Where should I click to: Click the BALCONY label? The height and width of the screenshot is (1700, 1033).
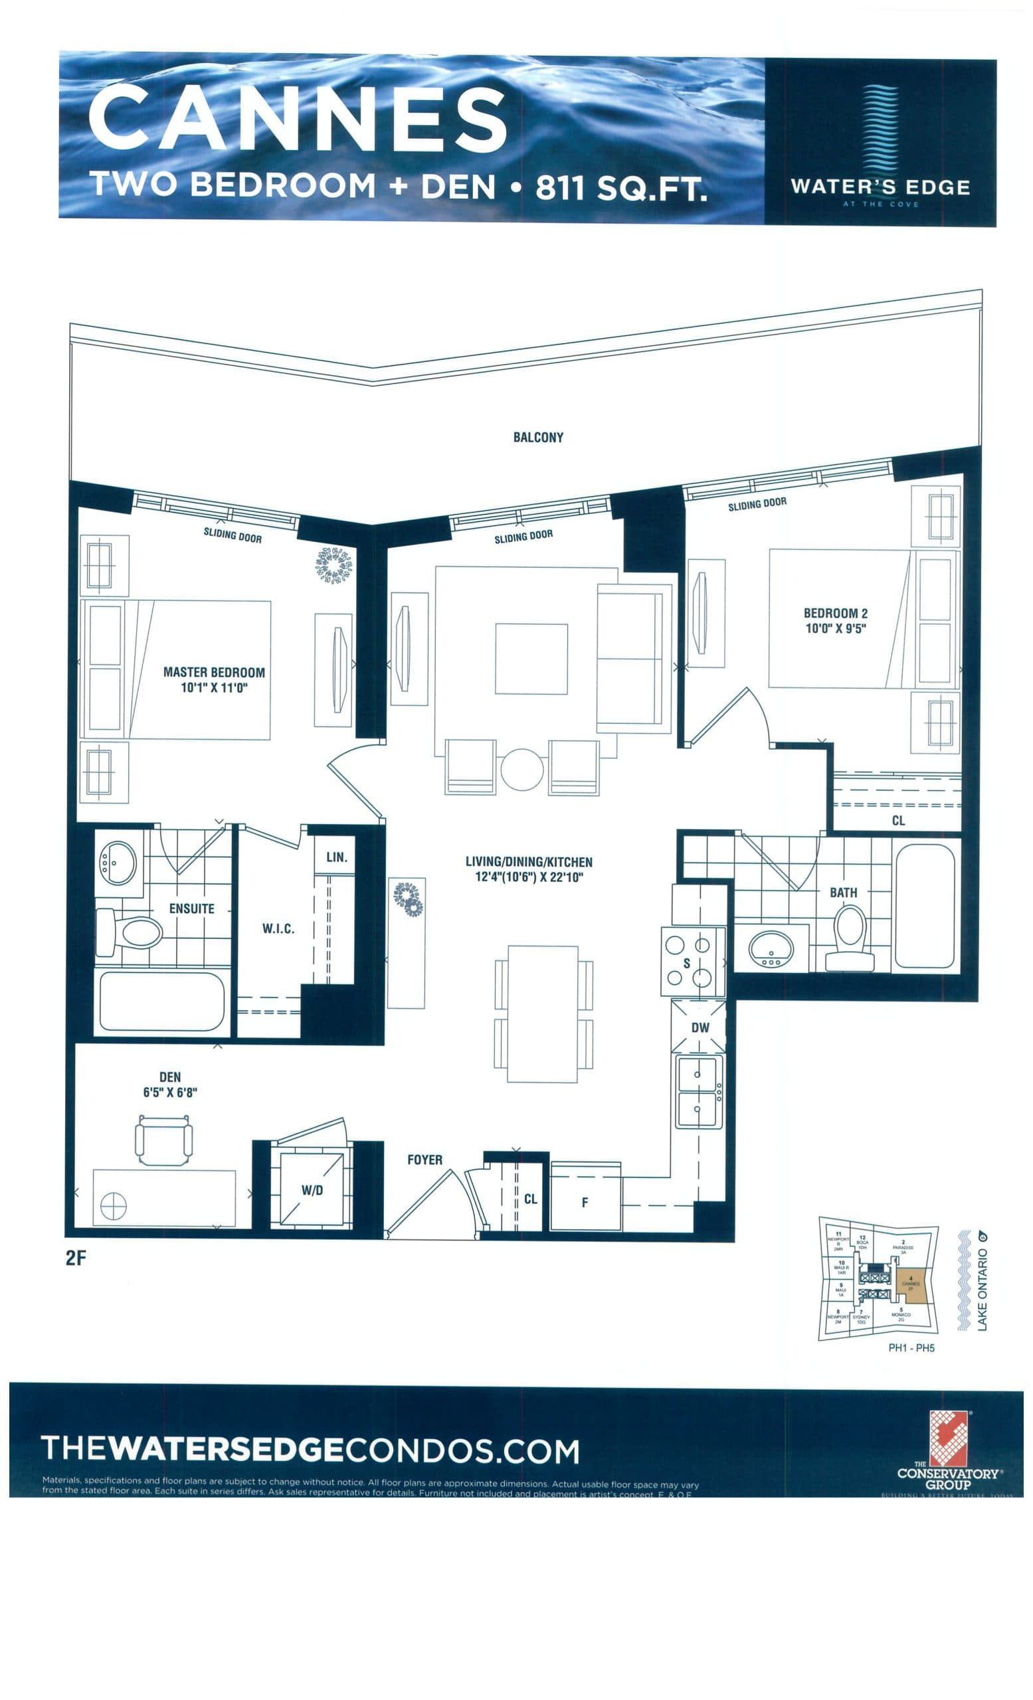click(537, 437)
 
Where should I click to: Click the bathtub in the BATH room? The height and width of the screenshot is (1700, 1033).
click(924, 906)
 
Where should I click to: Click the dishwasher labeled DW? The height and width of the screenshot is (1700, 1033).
click(699, 1027)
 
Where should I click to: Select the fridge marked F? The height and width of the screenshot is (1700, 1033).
click(585, 1202)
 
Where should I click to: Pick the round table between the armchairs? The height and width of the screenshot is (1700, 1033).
click(521, 769)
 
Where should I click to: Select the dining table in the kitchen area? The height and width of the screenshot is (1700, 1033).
click(542, 1013)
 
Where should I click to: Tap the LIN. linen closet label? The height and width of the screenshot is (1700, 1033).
click(336, 857)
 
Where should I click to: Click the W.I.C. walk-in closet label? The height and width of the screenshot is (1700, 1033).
click(278, 928)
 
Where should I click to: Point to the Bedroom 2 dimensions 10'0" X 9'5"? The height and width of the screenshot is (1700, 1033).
click(835, 628)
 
